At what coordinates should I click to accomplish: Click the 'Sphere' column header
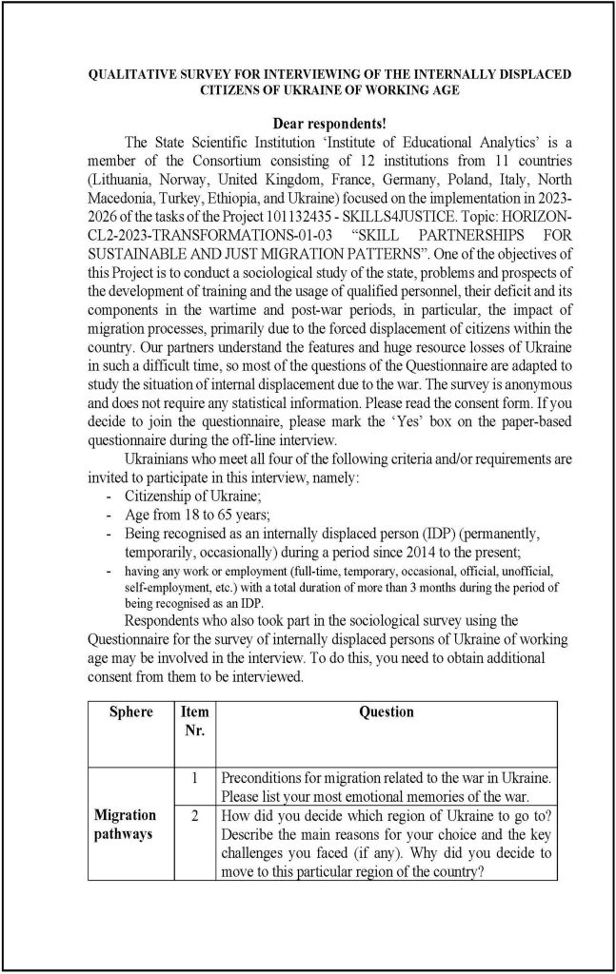coord(130,712)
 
